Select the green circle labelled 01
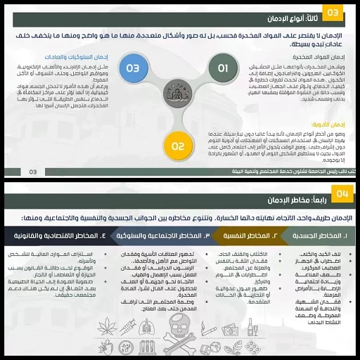tap(223, 68)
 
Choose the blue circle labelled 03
tap(133, 68)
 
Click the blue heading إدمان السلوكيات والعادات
tap(54, 56)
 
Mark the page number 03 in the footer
tap(33, 172)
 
